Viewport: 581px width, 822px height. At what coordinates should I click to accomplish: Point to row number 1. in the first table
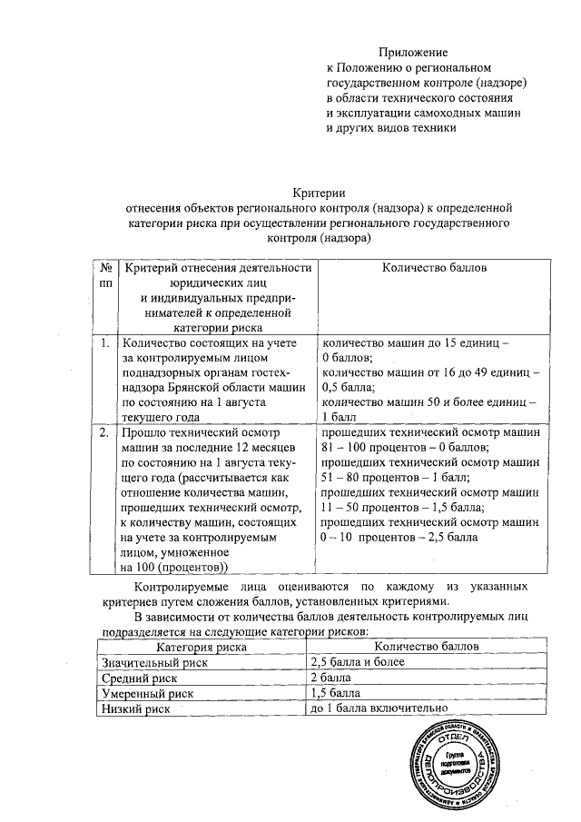(x=105, y=343)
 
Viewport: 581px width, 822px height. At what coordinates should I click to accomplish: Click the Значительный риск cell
(x=155, y=662)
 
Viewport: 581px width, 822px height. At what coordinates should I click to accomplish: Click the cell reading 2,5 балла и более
(x=357, y=662)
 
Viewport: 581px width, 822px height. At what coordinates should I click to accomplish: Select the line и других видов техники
(x=390, y=128)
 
